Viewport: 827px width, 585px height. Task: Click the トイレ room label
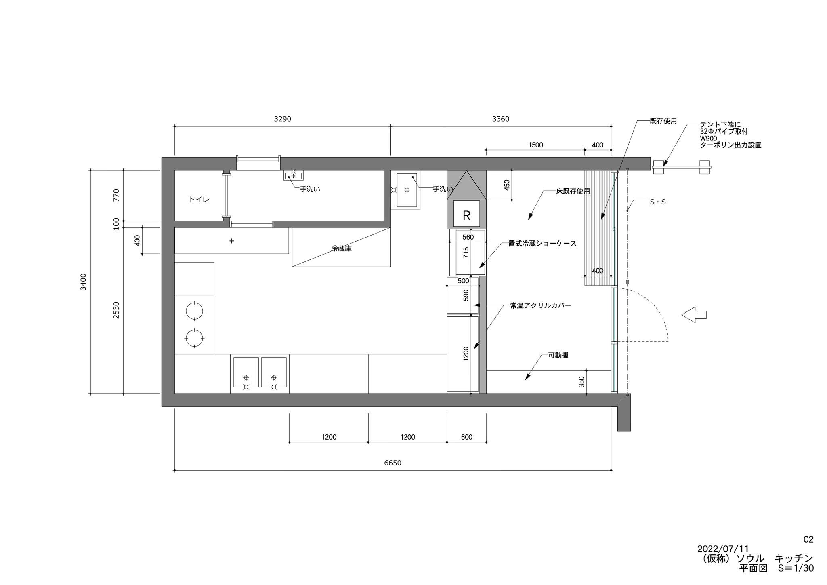(x=199, y=200)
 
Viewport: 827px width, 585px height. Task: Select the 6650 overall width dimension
(x=393, y=463)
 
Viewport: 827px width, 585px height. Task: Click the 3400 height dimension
(x=83, y=282)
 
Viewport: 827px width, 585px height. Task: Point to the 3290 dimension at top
(x=282, y=119)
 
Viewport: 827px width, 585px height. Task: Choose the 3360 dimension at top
(x=501, y=119)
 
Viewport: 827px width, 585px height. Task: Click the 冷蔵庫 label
(x=341, y=249)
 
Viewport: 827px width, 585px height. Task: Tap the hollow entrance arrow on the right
(x=694, y=315)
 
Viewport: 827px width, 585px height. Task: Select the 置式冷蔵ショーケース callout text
(x=542, y=244)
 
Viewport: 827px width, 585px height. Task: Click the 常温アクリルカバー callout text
(x=541, y=306)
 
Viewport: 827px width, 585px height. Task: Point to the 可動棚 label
(x=558, y=356)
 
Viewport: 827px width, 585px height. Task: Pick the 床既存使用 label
(x=573, y=191)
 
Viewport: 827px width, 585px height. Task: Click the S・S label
(x=658, y=202)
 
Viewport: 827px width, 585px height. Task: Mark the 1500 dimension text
(x=535, y=145)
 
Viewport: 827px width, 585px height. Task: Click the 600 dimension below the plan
(x=466, y=437)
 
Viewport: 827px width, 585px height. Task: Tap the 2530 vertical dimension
(x=116, y=310)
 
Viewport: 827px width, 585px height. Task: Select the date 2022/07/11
(x=723, y=549)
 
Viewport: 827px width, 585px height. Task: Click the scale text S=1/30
(x=796, y=568)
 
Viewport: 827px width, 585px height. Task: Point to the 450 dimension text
(x=507, y=185)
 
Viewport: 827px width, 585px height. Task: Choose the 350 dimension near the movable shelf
(x=581, y=382)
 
